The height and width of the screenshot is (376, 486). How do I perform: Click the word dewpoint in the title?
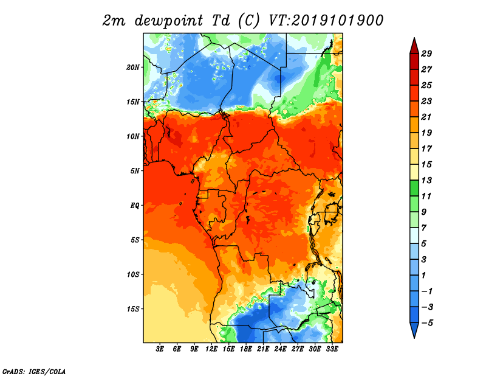169,21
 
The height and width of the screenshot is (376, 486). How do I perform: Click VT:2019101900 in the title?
326,21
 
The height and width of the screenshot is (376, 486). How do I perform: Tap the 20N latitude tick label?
133,68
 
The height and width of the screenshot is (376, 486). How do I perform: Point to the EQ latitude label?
135,206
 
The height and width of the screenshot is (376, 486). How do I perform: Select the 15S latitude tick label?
133,309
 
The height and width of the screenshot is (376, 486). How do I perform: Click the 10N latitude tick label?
133,136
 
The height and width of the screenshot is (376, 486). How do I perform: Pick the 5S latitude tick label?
135,240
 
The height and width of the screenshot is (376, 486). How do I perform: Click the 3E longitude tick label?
160,349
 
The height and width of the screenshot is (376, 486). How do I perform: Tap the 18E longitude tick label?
246,349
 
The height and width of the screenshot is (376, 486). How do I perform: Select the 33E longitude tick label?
332,349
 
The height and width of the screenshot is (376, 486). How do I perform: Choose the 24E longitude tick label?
280,349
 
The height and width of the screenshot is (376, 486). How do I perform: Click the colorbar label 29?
426,54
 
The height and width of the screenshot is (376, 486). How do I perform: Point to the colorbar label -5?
427,323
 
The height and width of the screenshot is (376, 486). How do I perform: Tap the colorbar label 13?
426,180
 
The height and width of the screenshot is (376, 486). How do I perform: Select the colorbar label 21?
426,117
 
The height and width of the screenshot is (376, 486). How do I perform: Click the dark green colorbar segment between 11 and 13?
414,188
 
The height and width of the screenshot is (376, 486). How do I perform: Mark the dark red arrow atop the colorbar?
414,47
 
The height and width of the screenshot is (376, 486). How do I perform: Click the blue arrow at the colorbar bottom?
414,329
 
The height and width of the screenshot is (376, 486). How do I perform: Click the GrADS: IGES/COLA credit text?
34,372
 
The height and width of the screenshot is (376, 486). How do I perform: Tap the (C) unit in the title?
248,21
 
